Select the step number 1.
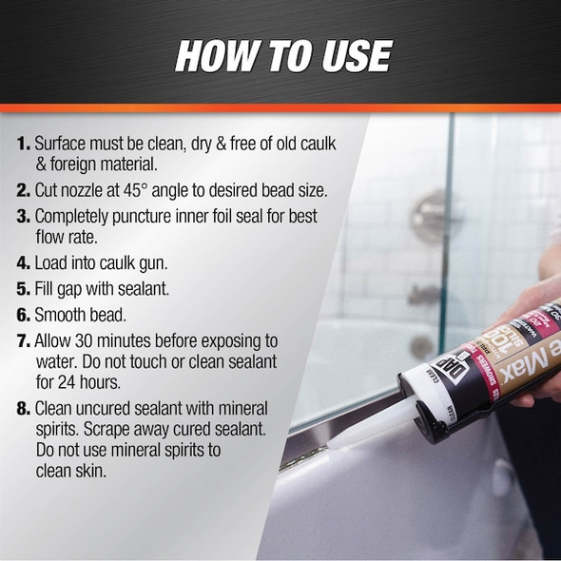point(23,145)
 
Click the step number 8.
point(23,408)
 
